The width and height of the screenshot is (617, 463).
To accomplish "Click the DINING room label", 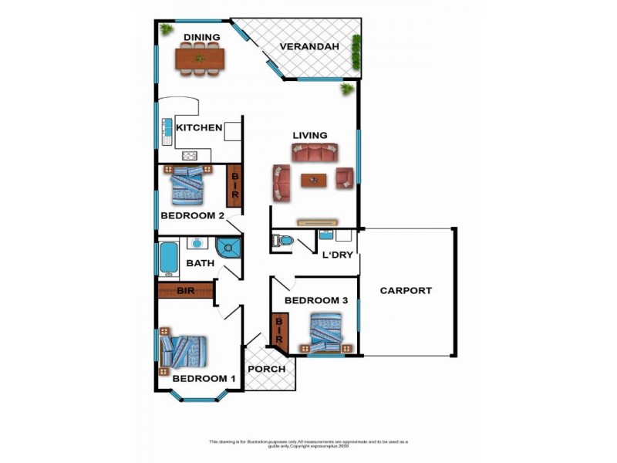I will point(202,37).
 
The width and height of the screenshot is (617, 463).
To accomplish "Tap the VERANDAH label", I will point(308,47).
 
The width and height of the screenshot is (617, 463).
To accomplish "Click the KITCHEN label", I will point(199,128).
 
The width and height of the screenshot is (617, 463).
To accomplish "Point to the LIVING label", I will point(309,136).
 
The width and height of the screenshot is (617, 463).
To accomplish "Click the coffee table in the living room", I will point(314,181).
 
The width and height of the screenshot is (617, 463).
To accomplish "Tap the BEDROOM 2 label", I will point(192,216).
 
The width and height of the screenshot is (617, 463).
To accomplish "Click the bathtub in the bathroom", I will point(168,259).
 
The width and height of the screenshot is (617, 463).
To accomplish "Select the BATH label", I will point(200,264).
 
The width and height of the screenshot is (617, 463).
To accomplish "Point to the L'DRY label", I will point(337,255).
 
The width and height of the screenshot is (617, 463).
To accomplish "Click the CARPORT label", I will point(406,291).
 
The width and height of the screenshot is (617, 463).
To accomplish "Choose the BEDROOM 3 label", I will point(314,300).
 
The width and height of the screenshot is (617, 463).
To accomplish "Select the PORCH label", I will point(266,369).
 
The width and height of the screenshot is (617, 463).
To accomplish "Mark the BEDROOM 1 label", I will point(204,379).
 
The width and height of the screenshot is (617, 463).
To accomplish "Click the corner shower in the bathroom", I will point(229,247).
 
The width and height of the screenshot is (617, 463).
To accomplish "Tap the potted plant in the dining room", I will point(166,29).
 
